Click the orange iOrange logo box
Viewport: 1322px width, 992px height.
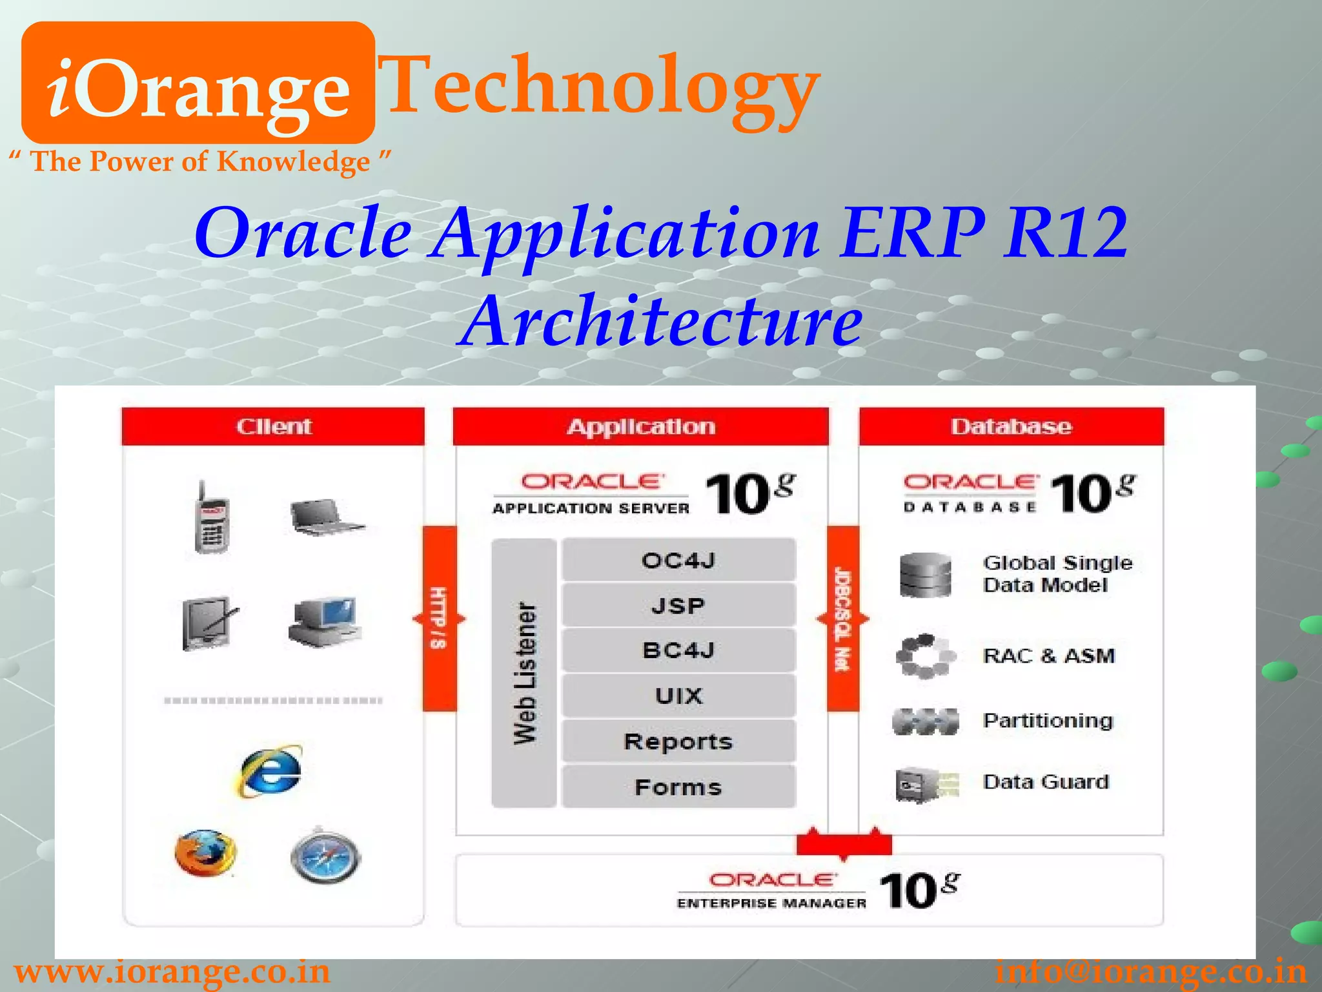click(x=198, y=83)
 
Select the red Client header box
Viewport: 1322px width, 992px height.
click(x=273, y=426)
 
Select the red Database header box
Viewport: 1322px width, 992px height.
click(x=1011, y=426)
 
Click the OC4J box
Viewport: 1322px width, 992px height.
click(x=678, y=560)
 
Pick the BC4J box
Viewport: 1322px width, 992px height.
click(x=678, y=650)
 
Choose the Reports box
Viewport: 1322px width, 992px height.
click(x=678, y=741)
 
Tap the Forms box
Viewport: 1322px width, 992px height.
click(x=678, y=787)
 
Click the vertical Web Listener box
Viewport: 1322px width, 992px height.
click(x=524, y=673)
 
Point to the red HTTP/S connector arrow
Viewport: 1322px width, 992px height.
click(x=440, y=619)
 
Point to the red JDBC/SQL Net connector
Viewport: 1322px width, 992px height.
click(x=842, y=619)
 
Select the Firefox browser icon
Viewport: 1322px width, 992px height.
click(x=205, y=853)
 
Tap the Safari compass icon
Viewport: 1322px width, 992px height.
click(x=326, y=856)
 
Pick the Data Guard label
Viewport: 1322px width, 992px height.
click(x=1046, y=782)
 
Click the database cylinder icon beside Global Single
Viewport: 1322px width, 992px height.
click(x=925, y=575)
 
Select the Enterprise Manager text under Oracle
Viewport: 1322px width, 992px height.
click(x=771, y=903)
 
